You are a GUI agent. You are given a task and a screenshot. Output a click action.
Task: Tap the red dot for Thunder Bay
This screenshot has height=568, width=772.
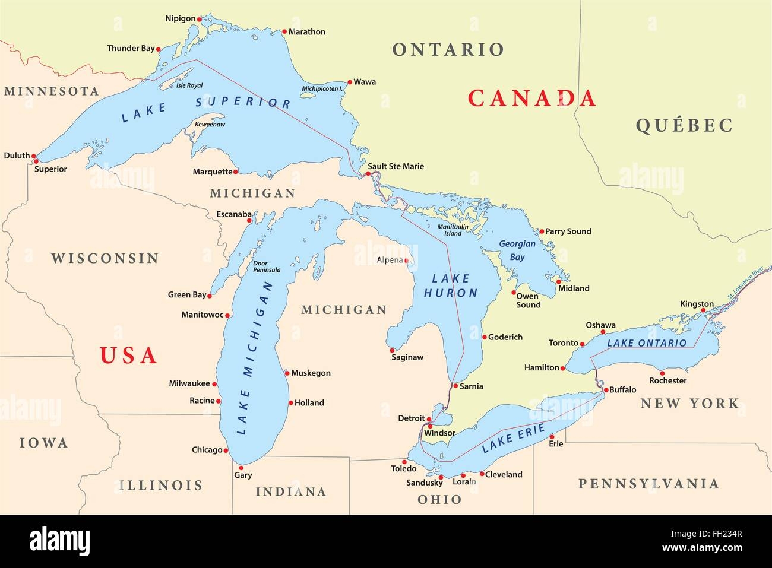point(158,49)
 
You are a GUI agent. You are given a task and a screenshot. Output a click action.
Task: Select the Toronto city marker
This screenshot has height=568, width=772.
point(583,344)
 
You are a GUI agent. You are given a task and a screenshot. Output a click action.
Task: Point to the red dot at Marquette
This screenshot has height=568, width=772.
point(236,172)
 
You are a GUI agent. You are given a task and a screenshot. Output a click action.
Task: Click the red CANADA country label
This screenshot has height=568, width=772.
point(531,98)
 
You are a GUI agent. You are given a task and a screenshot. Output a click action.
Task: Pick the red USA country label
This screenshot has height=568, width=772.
point(128,355)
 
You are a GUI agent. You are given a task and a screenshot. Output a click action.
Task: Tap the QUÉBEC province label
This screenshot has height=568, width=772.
point(684,125)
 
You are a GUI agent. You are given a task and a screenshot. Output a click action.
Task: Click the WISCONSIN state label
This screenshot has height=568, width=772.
point(105,258)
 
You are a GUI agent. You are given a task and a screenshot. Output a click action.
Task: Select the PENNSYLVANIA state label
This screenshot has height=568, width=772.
point(648,484)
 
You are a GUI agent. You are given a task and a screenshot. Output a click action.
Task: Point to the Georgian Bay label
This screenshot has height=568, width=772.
point(517,250)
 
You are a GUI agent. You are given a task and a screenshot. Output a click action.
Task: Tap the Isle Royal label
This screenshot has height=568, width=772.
point(189,85)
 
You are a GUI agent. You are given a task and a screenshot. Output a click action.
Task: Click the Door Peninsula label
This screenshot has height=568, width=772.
point(266,266)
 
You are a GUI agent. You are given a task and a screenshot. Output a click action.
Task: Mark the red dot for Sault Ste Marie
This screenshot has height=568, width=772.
point(368,174)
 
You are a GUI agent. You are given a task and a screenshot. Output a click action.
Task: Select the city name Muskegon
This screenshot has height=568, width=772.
point(311,373)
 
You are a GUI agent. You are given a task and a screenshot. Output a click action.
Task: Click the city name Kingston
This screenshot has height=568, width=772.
point(697,304)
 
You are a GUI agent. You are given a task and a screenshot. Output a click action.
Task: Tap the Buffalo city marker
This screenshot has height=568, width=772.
point(605,391)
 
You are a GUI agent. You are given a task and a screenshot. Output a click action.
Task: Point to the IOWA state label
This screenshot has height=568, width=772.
point(44,443)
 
